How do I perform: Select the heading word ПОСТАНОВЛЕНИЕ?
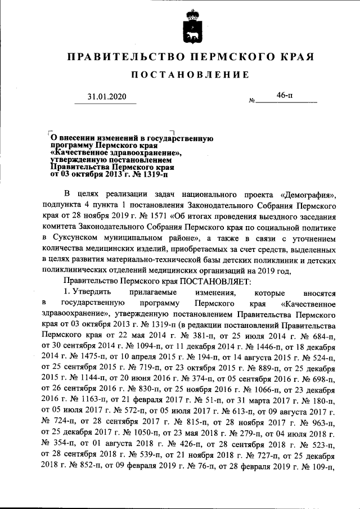190,75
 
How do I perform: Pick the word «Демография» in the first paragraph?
308,196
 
